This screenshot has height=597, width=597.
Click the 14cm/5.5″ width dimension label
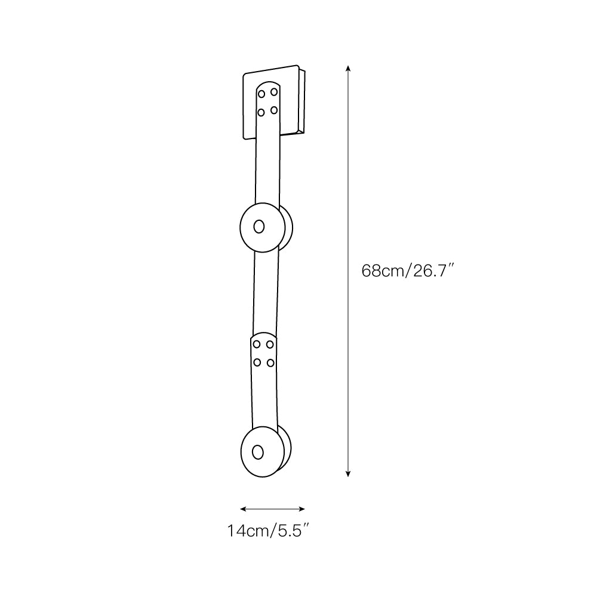tap(268, 530)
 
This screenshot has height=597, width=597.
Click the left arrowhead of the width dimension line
tap(242, 509)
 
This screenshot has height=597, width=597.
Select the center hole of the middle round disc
tap(259, 226)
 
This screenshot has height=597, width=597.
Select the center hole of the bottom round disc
tap(258, 451)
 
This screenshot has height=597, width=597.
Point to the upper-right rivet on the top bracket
tap(273, 92)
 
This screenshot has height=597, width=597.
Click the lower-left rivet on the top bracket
tap(261, 111)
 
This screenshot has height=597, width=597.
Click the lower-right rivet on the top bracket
tap(273, 109)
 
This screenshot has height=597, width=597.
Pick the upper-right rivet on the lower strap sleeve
tap(270, 344)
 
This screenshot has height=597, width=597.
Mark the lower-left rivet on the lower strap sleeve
tap(257, 362)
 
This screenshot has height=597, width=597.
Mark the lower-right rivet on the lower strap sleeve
tap(270, 362)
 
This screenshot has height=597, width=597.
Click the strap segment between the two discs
tap(265, 293)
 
